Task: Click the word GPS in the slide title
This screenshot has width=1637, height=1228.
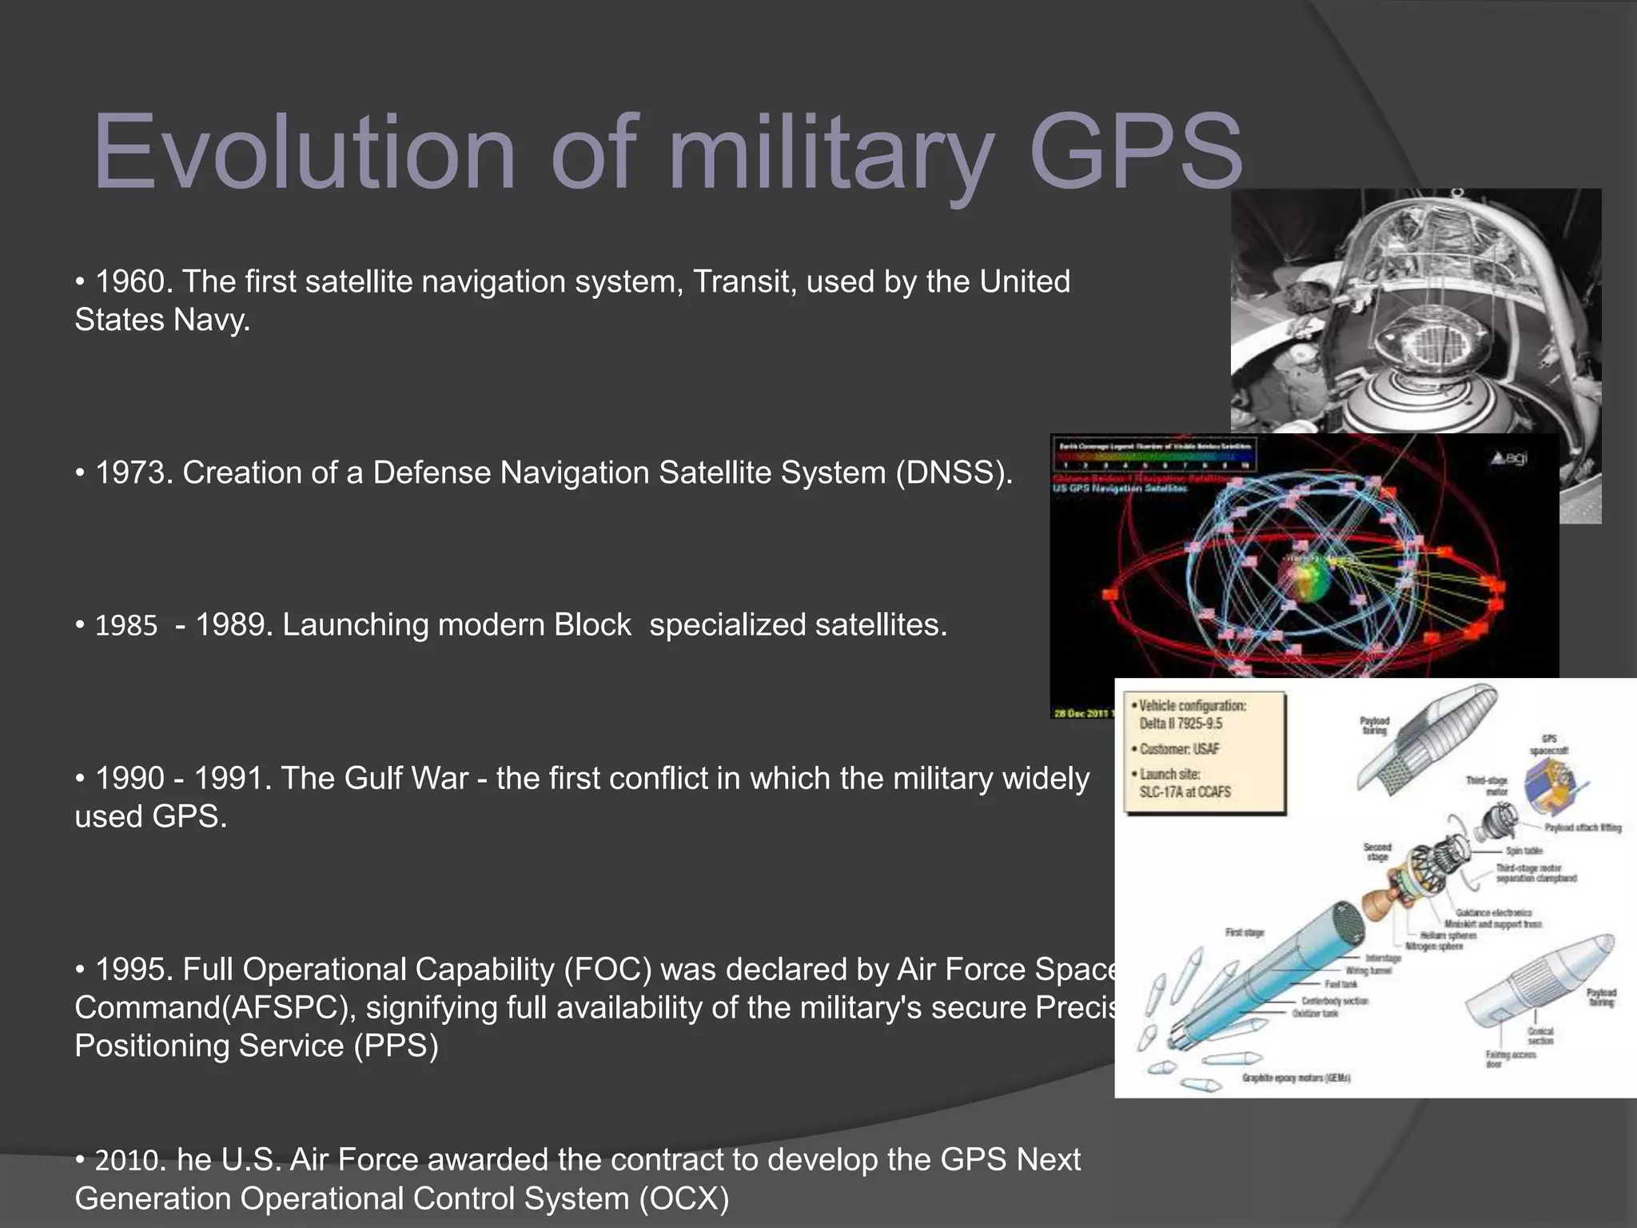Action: [x=1135, y=152]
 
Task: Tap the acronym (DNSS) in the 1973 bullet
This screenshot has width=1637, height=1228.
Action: [x=953, y=472]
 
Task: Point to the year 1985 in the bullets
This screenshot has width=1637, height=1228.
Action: [x=126, y=626]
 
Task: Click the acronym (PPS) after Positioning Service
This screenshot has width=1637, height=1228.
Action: [x=396, y=1047]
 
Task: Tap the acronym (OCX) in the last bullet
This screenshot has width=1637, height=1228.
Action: [x=683, y=1199]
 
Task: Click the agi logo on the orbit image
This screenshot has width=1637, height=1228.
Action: [x=1509, y=459]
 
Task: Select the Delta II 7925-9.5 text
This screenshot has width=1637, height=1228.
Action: [x=1181, y=724]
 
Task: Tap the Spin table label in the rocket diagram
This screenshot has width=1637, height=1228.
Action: [x=1523, y=851]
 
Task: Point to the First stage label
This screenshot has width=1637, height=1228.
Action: [x=1245, y=933]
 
